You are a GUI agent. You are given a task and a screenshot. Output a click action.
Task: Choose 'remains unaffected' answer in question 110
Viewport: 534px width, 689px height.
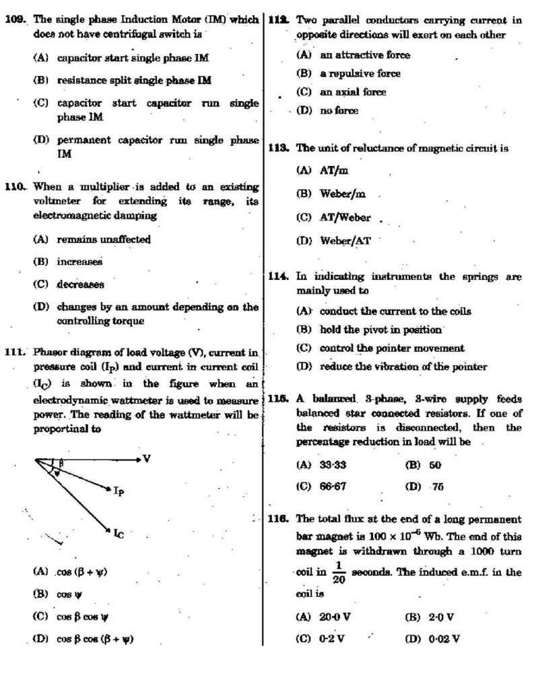click(x=103, y=239)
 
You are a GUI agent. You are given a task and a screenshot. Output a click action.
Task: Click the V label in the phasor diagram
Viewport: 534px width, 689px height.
click(x=147, y=458)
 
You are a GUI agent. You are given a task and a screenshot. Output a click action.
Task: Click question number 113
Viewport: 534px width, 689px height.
click(x=278, y=148)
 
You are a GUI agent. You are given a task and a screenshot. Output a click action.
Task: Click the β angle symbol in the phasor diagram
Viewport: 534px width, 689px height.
click(x=61, y=463)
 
